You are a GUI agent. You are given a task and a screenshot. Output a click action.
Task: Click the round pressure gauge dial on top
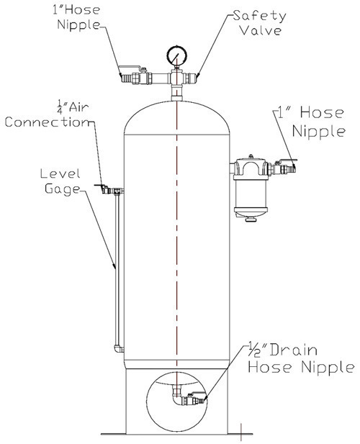[x=176, y=55]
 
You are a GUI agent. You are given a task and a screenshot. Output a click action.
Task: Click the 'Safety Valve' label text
[x=259, y=23]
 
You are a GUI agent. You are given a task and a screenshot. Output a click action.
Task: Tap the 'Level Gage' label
[x=60, y=181]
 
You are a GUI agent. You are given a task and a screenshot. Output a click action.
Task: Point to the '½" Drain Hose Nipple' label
[x=301, y=359]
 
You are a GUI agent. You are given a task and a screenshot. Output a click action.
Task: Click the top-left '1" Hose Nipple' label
[x=76, y=17]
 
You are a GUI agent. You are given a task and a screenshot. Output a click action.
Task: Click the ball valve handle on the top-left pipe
[x=130, y=68]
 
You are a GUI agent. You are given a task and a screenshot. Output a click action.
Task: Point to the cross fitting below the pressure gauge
[x=176, y=78]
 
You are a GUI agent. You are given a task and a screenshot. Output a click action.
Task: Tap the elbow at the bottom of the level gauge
[x=119, y=348]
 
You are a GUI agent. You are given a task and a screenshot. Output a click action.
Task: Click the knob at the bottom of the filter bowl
[x=251, y=219]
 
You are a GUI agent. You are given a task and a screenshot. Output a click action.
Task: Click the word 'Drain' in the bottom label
[x=293, y=350]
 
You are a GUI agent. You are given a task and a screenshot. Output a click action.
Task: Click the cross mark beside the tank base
[x=240, y=433]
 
